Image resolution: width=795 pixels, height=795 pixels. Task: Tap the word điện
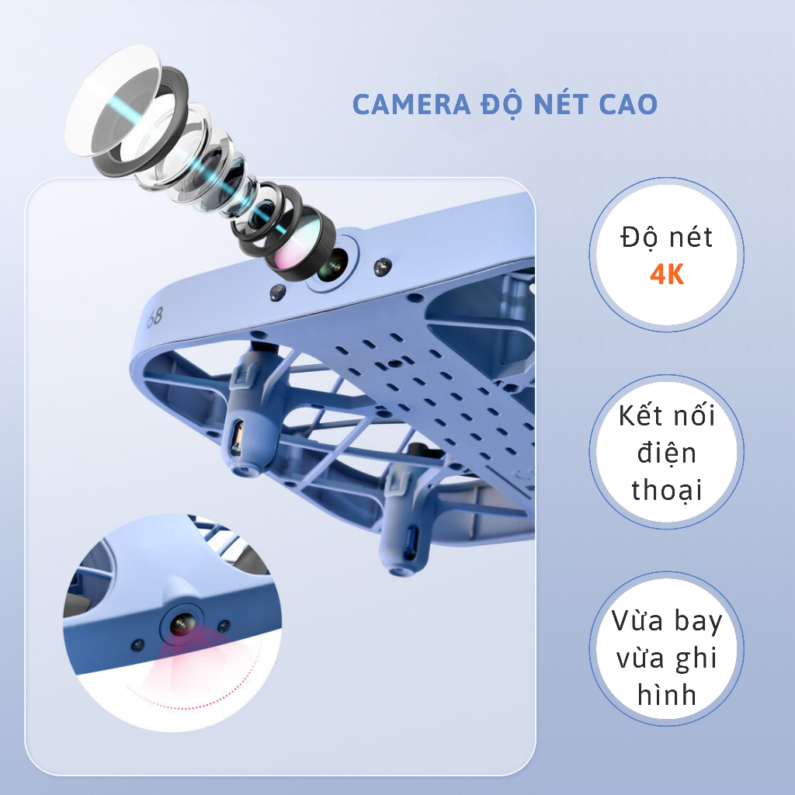[x=668, y=453]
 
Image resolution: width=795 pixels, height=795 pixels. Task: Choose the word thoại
[x=667, y=491]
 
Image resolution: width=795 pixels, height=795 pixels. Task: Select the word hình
[x=667, y=695]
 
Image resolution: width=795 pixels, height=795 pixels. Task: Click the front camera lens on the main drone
[x=333, y=267]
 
